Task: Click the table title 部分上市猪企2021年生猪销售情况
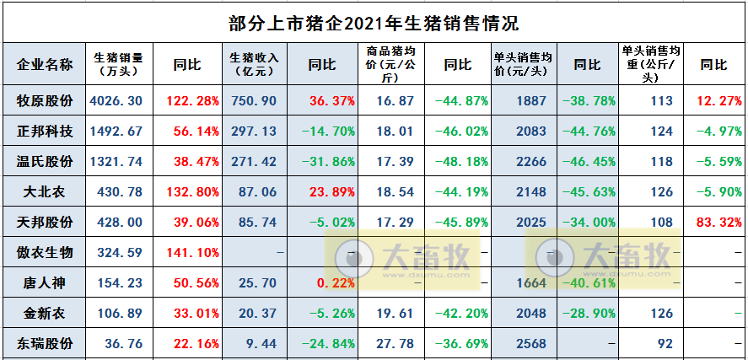coord(374,21)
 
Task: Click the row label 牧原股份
coord(45,101)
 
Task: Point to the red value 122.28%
coord(193,101)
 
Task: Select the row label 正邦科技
coord(45,132)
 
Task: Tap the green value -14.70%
coord(324,132)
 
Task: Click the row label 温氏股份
coord(45,162)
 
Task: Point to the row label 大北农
coord(45,192)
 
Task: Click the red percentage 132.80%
coord(193,192)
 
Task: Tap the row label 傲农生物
coord(45,253)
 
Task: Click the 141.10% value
coord(193,253)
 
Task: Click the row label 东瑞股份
coord(45,344)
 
